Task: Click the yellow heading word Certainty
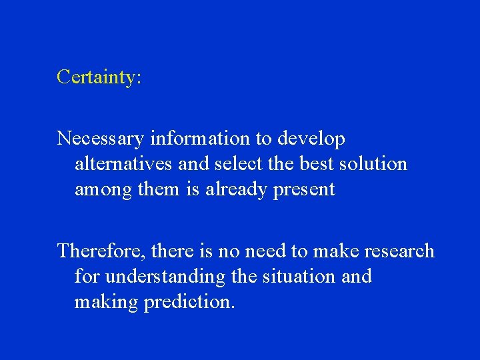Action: (x=98, y=77)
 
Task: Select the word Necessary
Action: (x=100, y=139)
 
